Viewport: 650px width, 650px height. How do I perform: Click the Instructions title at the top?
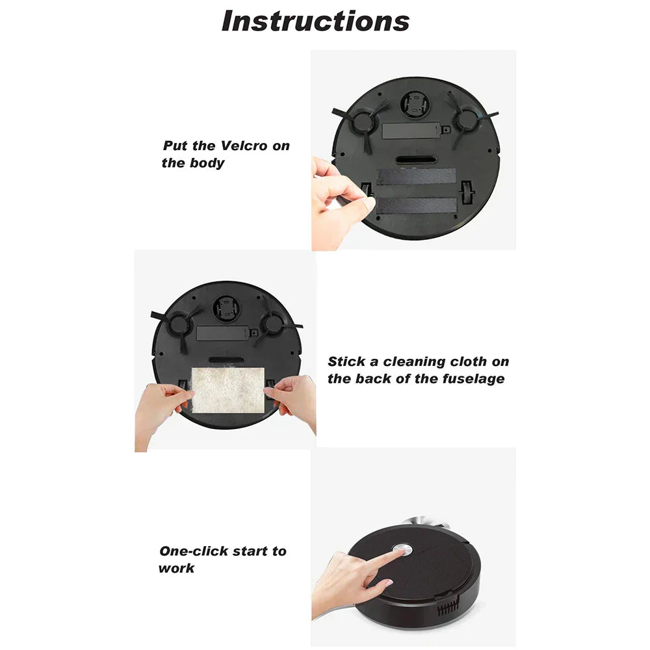click(316, 21)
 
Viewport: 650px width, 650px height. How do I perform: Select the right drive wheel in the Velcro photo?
click(467, 194)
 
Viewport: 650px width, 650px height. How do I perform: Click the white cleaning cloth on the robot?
click(229, 389)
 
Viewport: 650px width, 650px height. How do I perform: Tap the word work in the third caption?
click(176, 569)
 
